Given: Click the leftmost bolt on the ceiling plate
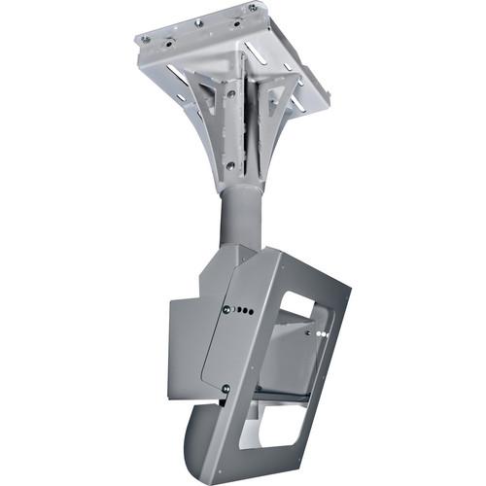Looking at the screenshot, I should point(146,39).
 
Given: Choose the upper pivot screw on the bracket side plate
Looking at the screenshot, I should point(226,310).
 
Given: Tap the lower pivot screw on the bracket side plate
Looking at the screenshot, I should point(226,389).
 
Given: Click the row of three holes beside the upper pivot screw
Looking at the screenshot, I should point(244,312).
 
